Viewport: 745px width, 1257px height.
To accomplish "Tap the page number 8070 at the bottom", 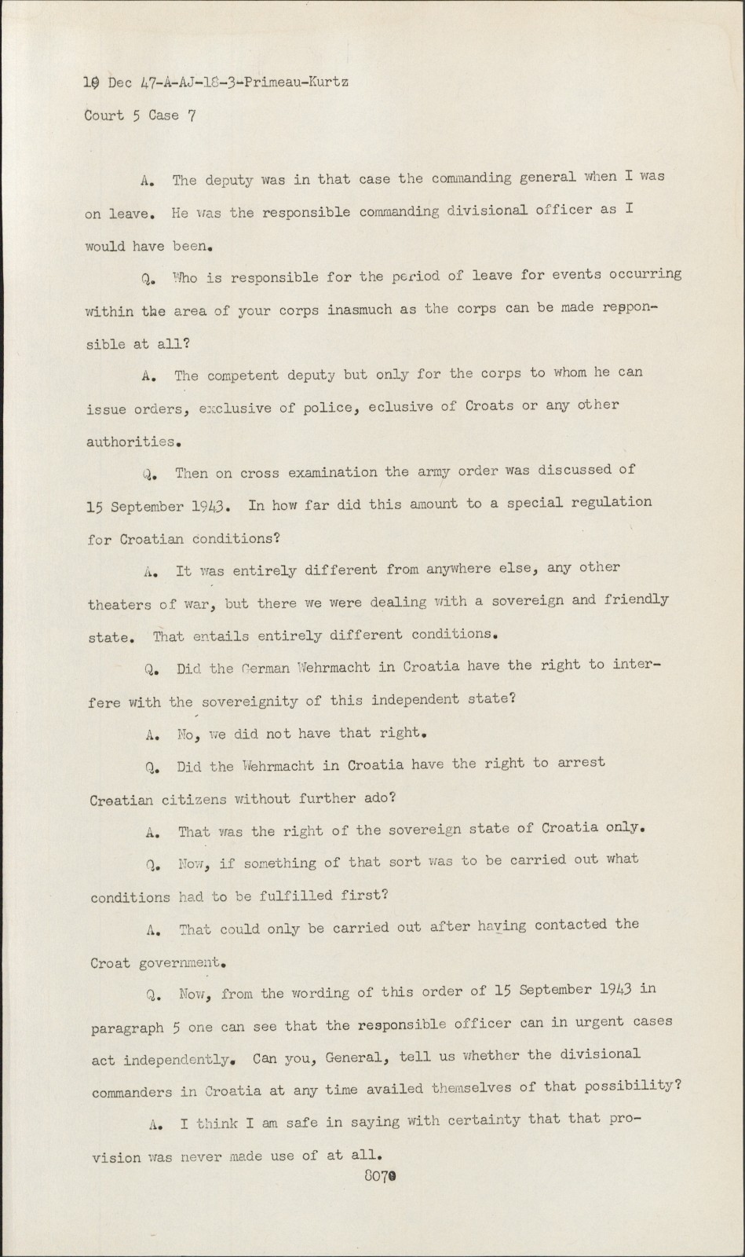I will pos(379,1176).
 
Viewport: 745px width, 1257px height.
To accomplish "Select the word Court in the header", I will pos(104,115).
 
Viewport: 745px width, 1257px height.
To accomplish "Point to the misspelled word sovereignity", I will pos(263,700).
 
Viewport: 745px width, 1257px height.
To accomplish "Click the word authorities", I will pos(130,442).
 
